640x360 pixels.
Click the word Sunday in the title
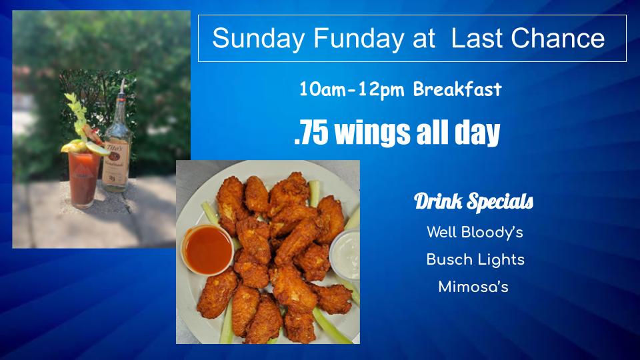click(x=259, y=39)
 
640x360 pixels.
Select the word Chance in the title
click(x=557, y=38)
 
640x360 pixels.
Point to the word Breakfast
click(x=457, y=89)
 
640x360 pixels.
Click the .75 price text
click(x=311, y=133)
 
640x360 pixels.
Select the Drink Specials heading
click(x=473, y=201)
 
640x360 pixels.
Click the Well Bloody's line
click(x=475, y=233)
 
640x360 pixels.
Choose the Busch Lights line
click(x=475, y=259)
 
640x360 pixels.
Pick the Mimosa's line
click(x=473, y=287)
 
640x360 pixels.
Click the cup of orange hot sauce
click(x=208, y=249)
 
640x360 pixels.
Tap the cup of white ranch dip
click(x=345, y=255)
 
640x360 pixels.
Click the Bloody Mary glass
click(x=84, y=179)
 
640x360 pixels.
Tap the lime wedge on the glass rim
click(x=97, y=148)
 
